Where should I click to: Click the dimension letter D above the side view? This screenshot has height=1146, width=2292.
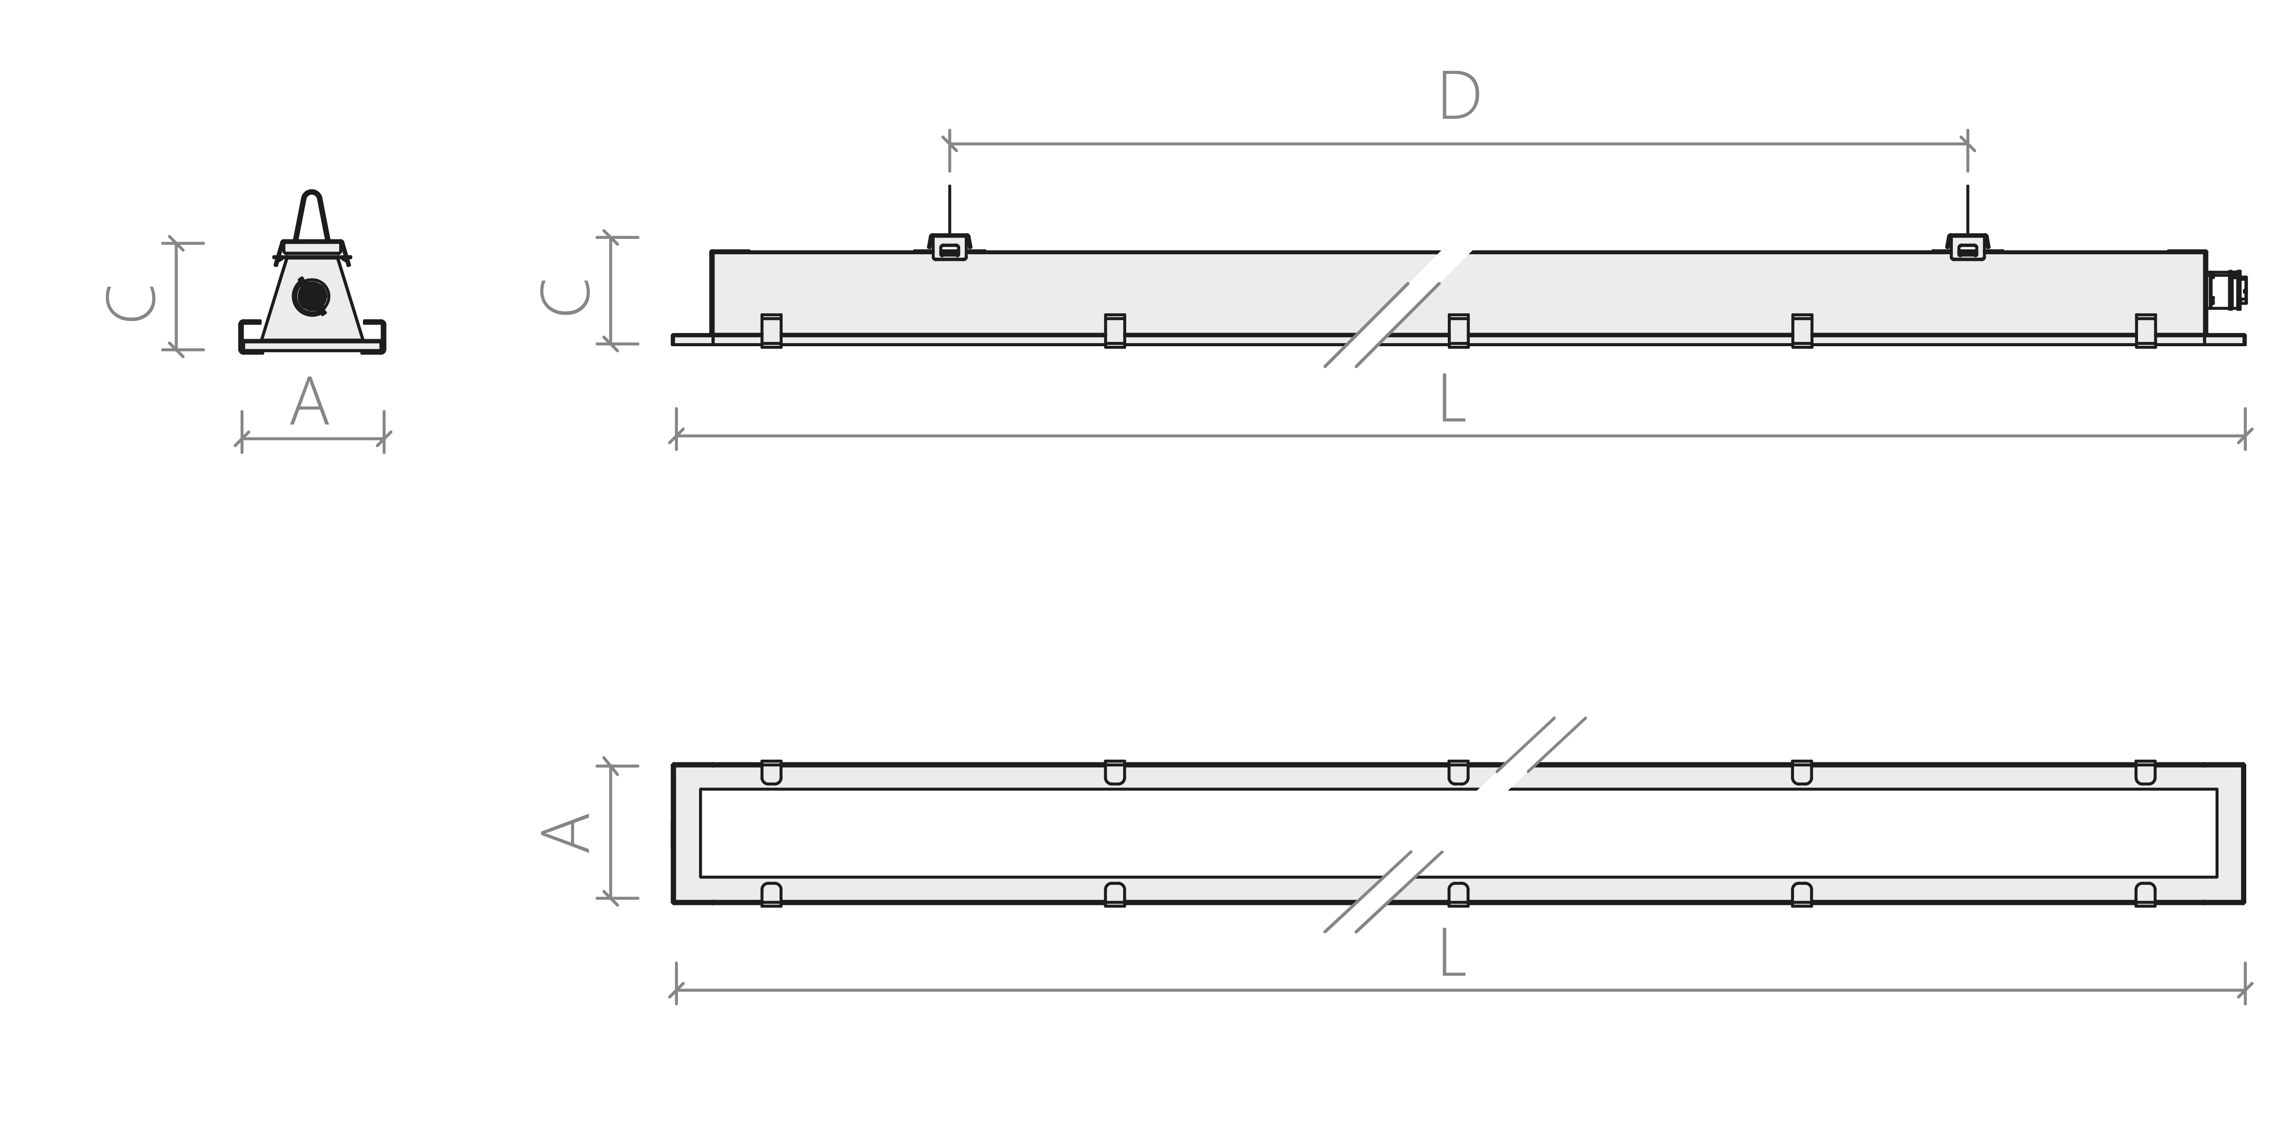pos(1459,96)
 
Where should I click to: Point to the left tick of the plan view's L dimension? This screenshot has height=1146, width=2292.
pos(676,989)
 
